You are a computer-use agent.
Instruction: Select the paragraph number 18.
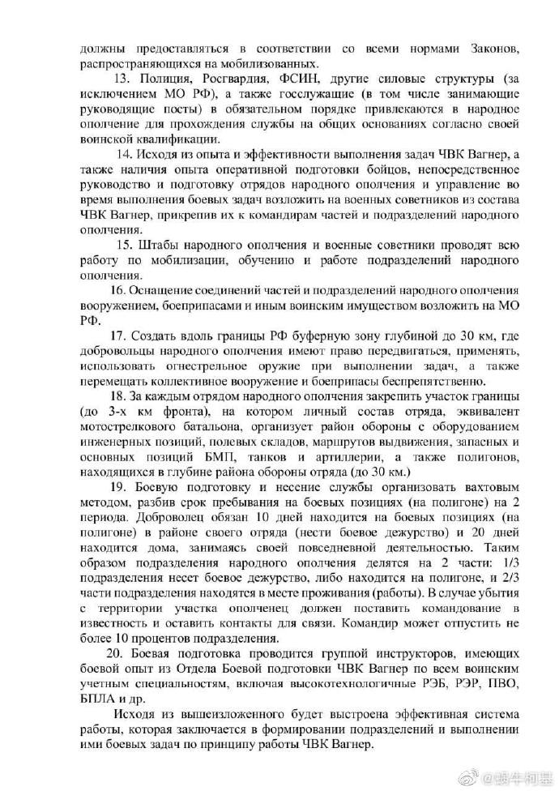tap(119, 395)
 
